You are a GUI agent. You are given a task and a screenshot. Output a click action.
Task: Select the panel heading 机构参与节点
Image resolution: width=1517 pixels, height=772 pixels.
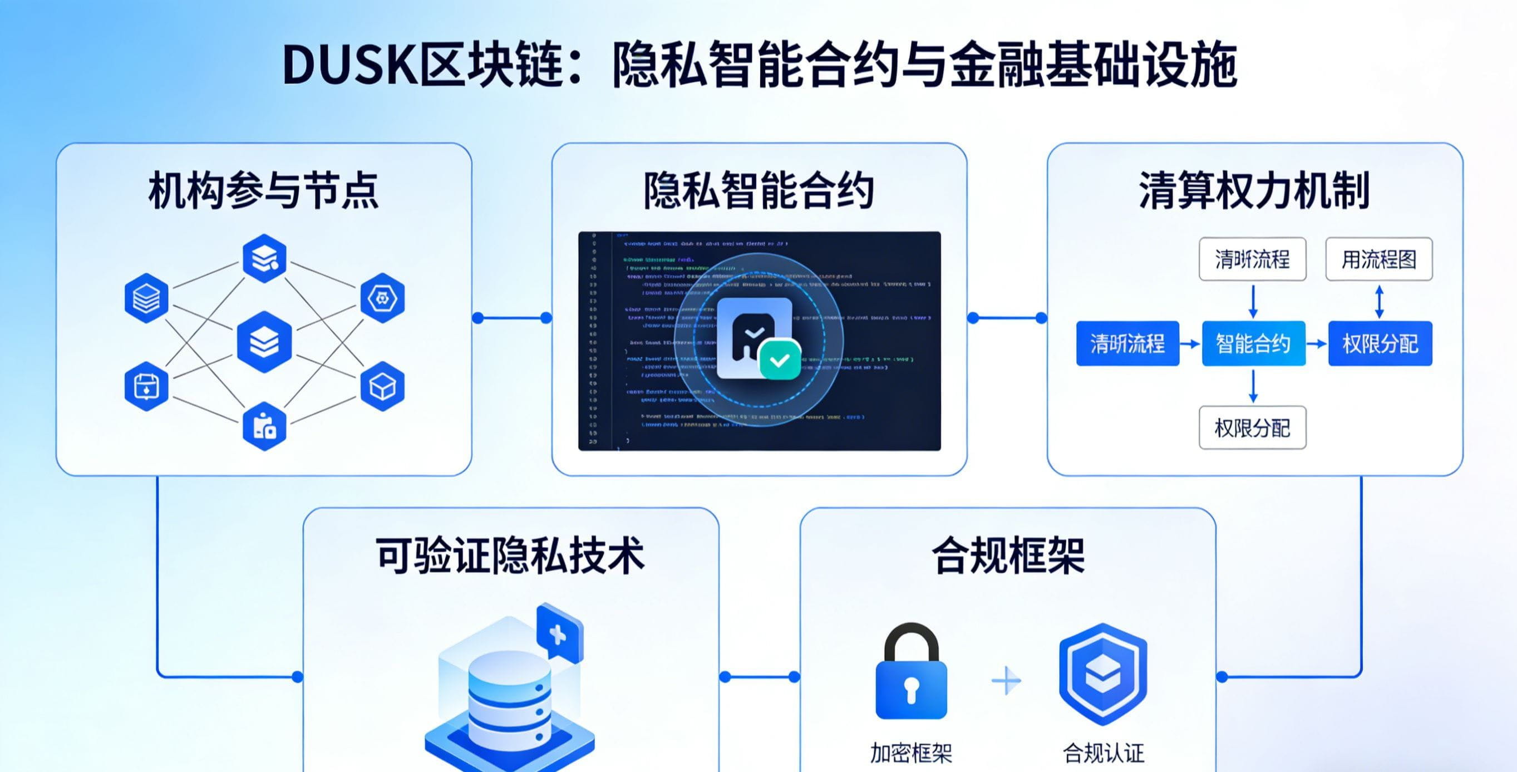pos(263,190)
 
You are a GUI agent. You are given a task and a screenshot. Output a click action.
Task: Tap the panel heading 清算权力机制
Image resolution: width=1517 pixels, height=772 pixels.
pos(1254,190)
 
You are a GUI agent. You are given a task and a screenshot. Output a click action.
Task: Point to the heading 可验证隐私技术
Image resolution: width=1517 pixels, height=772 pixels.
pos(510,555)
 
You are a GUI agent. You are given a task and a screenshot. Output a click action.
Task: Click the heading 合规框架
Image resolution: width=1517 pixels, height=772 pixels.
pos(1008,555)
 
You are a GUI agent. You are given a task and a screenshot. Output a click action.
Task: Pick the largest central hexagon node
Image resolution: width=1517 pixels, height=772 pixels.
pos(264,342)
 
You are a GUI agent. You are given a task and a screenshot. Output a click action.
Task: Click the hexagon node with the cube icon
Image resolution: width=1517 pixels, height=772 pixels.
pos(382,386)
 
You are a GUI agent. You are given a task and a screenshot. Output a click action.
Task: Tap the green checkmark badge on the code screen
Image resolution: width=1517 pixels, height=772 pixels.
pos(780,359)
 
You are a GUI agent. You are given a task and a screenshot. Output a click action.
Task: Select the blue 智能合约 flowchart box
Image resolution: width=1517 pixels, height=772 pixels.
pos(1253,343)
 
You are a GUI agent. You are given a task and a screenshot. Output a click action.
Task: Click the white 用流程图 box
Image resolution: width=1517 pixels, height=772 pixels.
pos(1378,259)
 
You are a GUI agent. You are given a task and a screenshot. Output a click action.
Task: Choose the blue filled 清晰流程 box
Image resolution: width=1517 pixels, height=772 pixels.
pos(1127,343)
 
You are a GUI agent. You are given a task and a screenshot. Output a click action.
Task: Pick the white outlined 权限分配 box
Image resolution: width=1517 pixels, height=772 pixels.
pos(1253,428)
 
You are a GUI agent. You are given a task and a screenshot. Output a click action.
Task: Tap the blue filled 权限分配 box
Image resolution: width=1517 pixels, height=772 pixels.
pos(1380,343)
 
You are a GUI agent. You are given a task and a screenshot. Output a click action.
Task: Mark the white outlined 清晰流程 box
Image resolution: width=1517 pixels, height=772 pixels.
pos(1253,259)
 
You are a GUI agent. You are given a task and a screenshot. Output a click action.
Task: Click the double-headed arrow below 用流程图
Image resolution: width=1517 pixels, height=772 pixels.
pos(1378,301)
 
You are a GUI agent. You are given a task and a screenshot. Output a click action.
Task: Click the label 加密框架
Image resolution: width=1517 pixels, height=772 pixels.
pos(911,753)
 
